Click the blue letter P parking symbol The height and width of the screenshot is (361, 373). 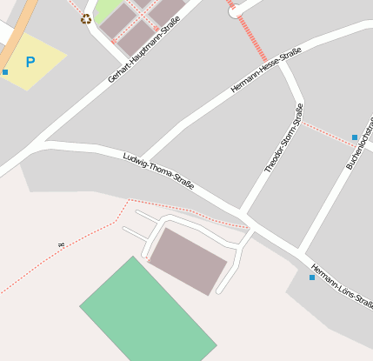coord(30,63)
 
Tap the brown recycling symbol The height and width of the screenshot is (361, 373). coord(86,18)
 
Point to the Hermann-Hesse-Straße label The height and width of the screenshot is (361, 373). coord(266,71)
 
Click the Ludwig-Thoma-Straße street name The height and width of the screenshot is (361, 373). coord(157,171)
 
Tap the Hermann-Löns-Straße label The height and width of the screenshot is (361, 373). coord(342,285)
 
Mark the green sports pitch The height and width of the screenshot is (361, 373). coord(148,311)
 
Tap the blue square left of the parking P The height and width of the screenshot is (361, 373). coord(5,71)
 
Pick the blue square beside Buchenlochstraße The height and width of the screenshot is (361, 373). coord(354,137)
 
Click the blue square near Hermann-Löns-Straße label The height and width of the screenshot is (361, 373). coord(312,277)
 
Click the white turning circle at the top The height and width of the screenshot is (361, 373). coord(235,11)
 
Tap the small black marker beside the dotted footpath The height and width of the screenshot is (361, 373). coord(60,246)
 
